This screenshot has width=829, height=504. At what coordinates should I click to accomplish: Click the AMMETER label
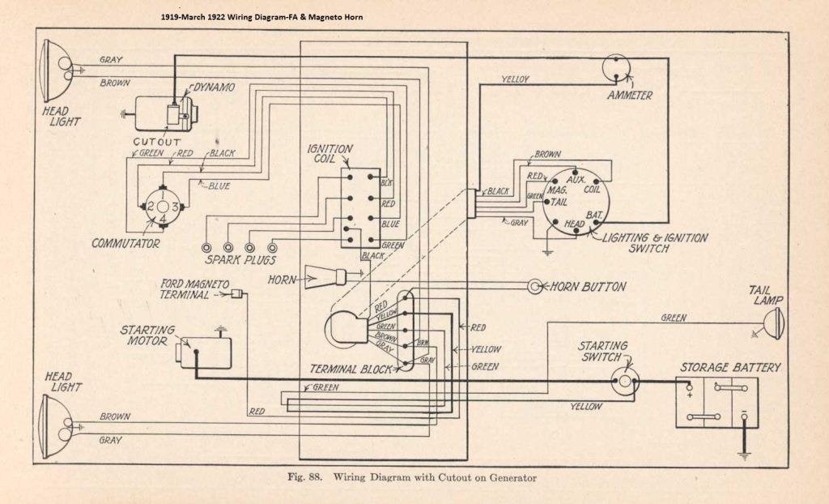click(630, 96)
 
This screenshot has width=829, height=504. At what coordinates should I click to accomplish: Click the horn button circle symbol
click(535, 286)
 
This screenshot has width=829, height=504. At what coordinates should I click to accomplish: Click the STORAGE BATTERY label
click(729, 368)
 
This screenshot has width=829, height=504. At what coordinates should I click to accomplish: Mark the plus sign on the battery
click(690, 396)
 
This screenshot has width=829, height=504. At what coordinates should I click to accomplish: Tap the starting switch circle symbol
click(624, 382)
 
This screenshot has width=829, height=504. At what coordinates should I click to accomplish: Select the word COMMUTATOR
click(125, 242)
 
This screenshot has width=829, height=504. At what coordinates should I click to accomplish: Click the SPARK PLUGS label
click(239, 260)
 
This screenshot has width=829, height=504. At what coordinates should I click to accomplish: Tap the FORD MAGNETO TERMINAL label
click(194, 288)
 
